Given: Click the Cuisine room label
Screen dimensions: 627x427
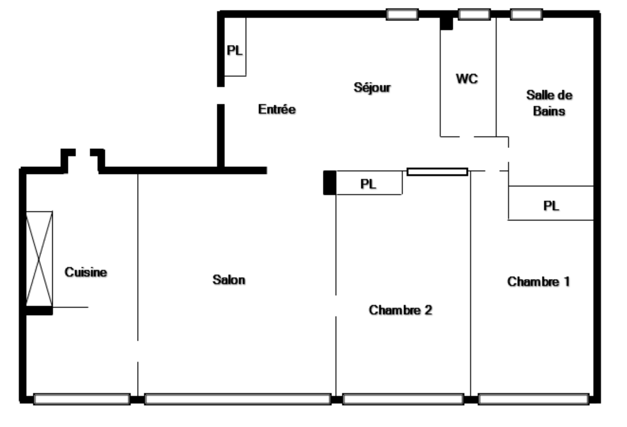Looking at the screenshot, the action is click(86, 272).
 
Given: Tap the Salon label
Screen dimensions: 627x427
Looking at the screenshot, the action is click(229, 280).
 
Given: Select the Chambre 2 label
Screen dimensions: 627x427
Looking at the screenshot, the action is click(400, 310).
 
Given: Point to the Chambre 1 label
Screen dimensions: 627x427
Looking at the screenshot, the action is click(538, 281).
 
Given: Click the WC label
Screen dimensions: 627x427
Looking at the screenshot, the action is click(467, 79).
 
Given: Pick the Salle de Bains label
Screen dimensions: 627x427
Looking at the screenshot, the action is click(549, 103).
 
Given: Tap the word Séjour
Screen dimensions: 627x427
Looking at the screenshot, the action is click(372, 87).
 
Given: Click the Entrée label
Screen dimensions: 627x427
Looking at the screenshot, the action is click(277, 109).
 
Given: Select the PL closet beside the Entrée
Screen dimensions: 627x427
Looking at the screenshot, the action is click(235, 47).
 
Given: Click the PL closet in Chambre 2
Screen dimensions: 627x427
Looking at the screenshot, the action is click(369, 183).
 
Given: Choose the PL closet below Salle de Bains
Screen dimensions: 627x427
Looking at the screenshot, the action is click(551, 203).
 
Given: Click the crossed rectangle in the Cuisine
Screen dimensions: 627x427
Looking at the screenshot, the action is click(39, 258).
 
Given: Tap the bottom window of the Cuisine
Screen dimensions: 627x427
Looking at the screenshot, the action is click(82, 399).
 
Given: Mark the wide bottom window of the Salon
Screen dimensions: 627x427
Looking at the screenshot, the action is click(238, 399).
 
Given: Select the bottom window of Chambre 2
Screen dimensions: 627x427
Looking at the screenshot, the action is click(403, 399).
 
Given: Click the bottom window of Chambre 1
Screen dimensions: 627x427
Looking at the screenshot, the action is click(533, 399).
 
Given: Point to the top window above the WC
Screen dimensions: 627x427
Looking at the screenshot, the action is click(474, 14).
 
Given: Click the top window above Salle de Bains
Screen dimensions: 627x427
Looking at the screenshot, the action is click(526, 14).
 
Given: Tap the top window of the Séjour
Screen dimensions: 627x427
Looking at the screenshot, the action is click(402, 14).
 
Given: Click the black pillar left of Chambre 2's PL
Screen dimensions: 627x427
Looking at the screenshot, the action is click(330, 183).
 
